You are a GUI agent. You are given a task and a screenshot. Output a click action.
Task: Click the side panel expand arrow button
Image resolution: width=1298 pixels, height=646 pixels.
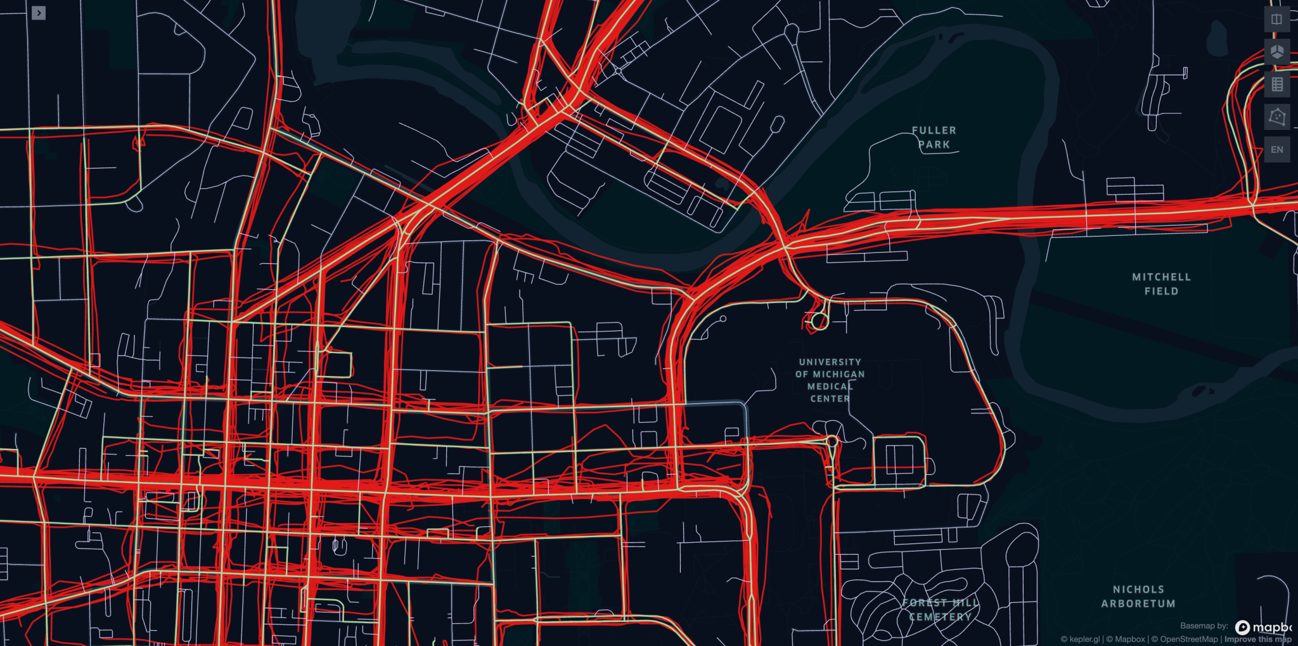pyautogui.click(x=39, y=13)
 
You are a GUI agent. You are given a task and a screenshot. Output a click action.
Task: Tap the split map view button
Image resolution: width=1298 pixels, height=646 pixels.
pyautogui.click(x=1276, y=19)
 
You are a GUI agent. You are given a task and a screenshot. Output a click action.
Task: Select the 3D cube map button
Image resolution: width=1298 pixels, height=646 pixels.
pyautogui.click(x=1276, y=51)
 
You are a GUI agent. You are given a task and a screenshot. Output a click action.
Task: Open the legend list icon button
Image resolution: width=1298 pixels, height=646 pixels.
pyautogui.click(x=1276, y=84)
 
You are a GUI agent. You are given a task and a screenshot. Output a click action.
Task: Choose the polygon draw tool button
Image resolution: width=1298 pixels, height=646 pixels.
pyautogui.click(x=1276, y=117)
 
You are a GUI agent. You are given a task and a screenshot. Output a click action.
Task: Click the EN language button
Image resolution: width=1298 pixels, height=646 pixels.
pyautogui.click(x=1276, y=150)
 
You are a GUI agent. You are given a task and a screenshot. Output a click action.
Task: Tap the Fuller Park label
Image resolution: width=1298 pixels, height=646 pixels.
pyautogui.click(x=934, y=138)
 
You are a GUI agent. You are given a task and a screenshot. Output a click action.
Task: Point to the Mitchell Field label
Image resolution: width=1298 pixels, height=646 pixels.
pyautogui.click(x=1161, y=284)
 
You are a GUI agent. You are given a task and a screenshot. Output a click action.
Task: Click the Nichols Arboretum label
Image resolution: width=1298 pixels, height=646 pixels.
pyautogui.click(x=1138, y=597)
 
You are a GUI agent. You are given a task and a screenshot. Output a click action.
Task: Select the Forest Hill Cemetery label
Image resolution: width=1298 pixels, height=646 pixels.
pyautogui.click(x=941, y=610)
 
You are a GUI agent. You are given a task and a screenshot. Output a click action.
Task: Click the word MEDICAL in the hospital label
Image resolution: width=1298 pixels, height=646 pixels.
pyautogui.click(x=830, y=387)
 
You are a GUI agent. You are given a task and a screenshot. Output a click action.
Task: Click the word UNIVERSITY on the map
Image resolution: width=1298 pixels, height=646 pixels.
pyautogui.click(x=830, y=362)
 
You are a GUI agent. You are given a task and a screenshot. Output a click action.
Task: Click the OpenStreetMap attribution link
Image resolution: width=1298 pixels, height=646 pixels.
pyautogui.click(x=1184, y=639)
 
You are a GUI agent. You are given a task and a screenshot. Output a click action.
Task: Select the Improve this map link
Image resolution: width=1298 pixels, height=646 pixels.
pyautogui.click(x=1257, y=639)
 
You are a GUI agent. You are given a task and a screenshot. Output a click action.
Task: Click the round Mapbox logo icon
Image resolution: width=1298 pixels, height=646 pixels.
pyautogui.click(x=1243, y=627)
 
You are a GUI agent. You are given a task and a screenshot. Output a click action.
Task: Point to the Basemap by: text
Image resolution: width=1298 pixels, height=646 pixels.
pyautogui.click(x=1204, y=626)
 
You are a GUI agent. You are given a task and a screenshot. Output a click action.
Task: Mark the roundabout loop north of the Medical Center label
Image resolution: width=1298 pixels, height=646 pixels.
pyautogui.click(x=819, y=321)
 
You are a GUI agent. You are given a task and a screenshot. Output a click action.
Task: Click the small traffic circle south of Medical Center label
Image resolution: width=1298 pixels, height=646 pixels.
pyautogui.click(x=832, y=441)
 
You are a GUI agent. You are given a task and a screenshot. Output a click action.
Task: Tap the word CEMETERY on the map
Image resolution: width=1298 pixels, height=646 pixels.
pyautogui.click(x=941, y=617)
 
